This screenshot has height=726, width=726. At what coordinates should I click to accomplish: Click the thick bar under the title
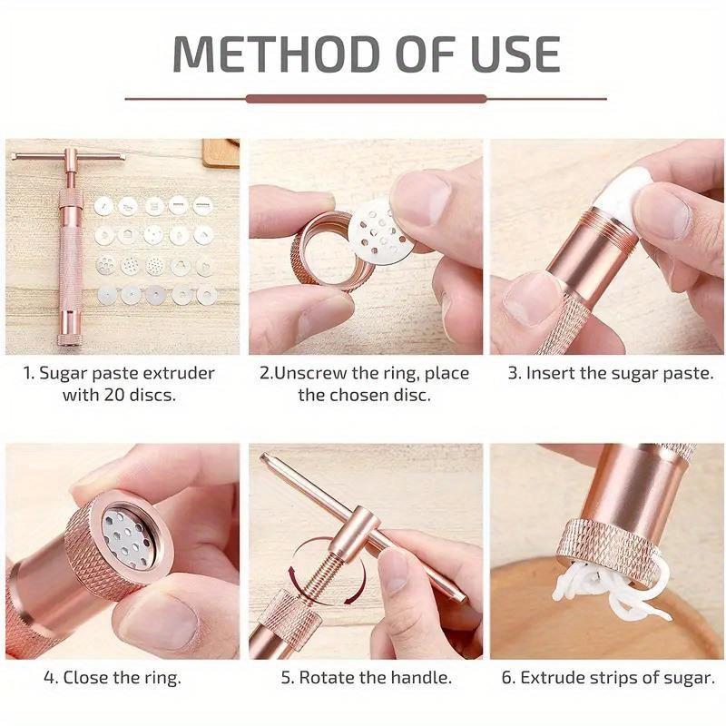(x=366, y=99)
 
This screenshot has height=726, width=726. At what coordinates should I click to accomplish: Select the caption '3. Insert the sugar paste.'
(x=610, y=373)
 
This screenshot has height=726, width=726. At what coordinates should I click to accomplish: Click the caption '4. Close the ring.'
(x=113, y=678)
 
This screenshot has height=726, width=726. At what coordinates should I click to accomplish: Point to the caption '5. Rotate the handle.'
(x=367, y=678)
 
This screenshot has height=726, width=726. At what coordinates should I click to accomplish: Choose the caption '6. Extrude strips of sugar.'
(x=608, y=678)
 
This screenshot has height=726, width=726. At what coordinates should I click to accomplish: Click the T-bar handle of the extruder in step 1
(x=69, y=155)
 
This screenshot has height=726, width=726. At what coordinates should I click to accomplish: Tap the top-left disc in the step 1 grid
(x=104, y=206)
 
